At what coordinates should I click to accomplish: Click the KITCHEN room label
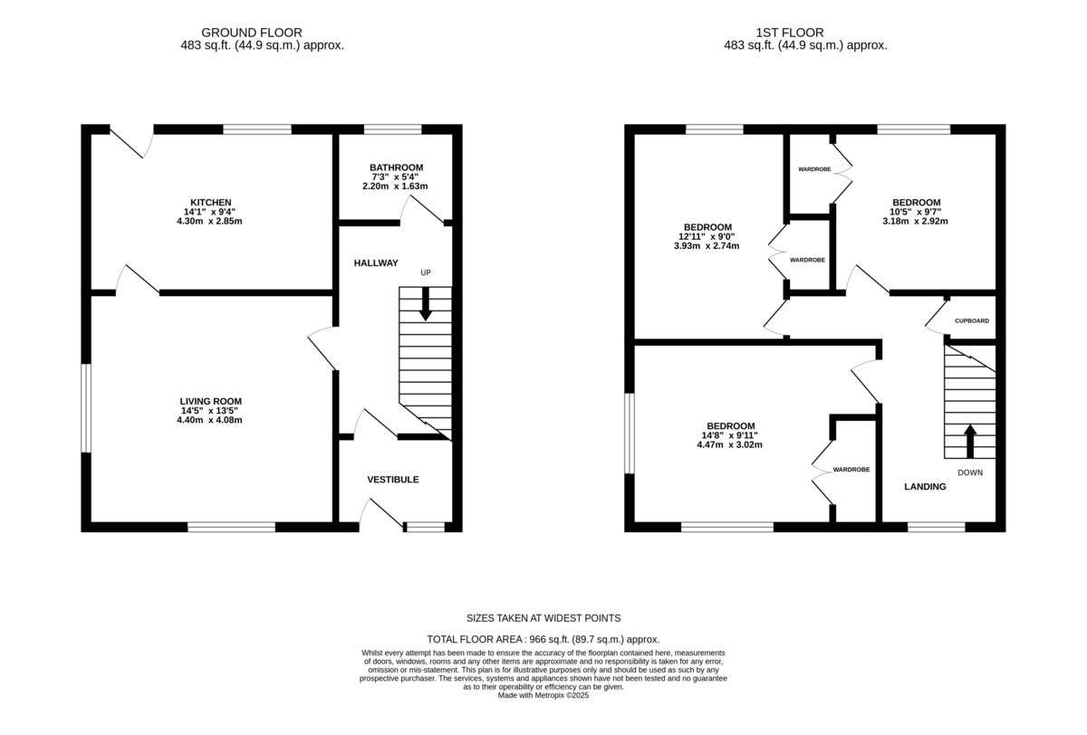point(210,203)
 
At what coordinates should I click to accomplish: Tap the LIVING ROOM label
point(210,401)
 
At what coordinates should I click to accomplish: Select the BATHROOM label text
point(396,167)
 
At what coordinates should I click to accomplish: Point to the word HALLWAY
point(376,262)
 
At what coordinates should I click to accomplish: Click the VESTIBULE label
point(393,480)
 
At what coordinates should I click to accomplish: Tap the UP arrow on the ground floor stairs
point(426,304)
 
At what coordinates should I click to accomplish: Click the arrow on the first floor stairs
point(970,441)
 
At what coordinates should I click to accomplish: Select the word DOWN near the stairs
point(970,472)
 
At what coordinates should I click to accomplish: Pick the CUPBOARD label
point(972,321)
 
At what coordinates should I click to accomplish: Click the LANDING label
point(925,487)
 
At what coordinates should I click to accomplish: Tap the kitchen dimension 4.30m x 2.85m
point(209,221)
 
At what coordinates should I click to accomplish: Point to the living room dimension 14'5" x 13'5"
point(209,411)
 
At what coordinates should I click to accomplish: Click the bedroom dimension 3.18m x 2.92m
point(915,221)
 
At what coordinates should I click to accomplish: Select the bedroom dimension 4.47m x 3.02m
point(730,444)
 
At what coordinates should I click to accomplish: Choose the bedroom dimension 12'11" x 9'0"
point(707,236)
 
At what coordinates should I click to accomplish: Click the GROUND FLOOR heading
point(252,33)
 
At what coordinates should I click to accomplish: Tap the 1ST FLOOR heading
point(790,33)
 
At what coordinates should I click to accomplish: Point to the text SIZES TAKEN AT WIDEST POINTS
point(543,618)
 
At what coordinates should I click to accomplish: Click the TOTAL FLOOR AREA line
point(543,639)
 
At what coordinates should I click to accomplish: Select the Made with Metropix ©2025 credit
point(543,695)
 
